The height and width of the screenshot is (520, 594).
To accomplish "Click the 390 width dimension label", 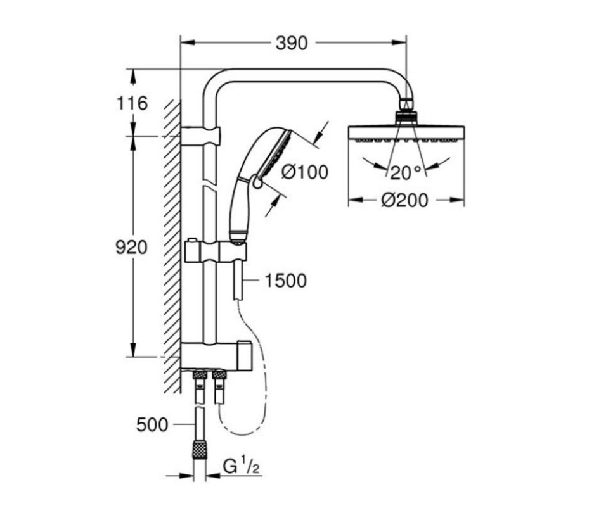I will pos(292,43).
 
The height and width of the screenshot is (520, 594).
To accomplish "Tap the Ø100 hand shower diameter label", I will pos(305,172).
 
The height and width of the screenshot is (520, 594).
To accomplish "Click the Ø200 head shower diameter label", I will pos(404,200).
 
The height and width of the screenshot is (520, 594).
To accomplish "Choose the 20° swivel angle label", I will pos(406,172).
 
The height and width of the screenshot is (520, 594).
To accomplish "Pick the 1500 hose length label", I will pos(285,280).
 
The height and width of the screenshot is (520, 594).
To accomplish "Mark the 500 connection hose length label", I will pos(152,424).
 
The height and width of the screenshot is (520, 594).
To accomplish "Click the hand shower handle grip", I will pos(239,209).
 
